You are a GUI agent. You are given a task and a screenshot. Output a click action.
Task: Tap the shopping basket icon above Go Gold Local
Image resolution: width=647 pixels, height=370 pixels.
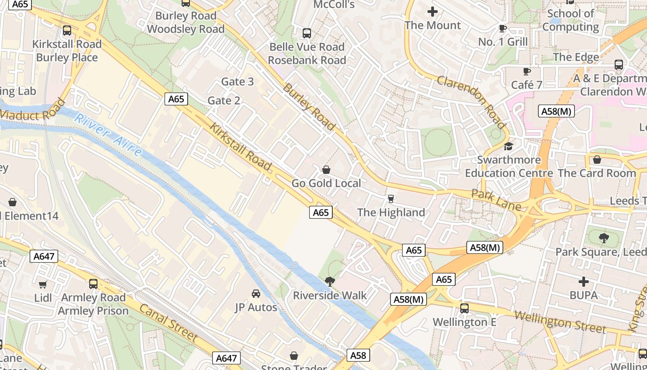click(x=326, y=170)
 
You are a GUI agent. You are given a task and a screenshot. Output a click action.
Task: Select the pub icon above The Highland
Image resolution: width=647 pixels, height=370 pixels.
click(x=391, y=199)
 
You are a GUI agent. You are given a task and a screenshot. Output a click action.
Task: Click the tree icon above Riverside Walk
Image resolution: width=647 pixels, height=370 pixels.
click(x=330, y=281)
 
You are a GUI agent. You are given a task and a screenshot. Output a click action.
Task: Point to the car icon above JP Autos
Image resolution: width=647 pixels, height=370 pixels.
click(x=256, y=294)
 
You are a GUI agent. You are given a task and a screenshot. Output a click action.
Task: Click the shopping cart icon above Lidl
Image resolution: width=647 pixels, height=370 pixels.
click(x=43, y=284)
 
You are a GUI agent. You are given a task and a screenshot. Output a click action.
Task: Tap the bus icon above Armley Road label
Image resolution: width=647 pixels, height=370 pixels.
click(x=93, y=284)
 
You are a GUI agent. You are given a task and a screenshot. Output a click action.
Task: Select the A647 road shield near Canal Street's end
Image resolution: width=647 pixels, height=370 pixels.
click(x=226, y=358)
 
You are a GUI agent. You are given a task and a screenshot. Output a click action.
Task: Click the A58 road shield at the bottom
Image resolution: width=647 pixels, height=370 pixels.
click(x=358, y=355)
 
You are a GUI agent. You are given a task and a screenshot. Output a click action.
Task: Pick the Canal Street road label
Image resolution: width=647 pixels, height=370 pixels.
click(x=168, y=323)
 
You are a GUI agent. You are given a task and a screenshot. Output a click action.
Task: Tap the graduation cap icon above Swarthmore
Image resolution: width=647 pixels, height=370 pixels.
click(x=509, y=146)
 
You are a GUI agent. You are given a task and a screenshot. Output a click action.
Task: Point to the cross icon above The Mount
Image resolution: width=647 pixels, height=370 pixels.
click(x=433, y=12)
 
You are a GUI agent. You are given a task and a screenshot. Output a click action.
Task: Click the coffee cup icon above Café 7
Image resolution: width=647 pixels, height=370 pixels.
click(x=526, y=71)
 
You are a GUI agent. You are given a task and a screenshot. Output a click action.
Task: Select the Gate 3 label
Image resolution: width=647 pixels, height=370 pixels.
click(x=238, y=82)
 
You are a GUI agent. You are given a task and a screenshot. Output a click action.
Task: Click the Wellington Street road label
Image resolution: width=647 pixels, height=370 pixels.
click(x=560, y=322)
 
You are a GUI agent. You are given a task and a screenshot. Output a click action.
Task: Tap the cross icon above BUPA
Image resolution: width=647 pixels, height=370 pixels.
click(x=584, y=281)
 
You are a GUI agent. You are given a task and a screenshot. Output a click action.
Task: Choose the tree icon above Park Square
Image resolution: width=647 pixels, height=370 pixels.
click(x=604, y=238)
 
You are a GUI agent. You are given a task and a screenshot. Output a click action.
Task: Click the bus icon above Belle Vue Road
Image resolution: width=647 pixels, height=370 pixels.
click(x=307, y=33)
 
